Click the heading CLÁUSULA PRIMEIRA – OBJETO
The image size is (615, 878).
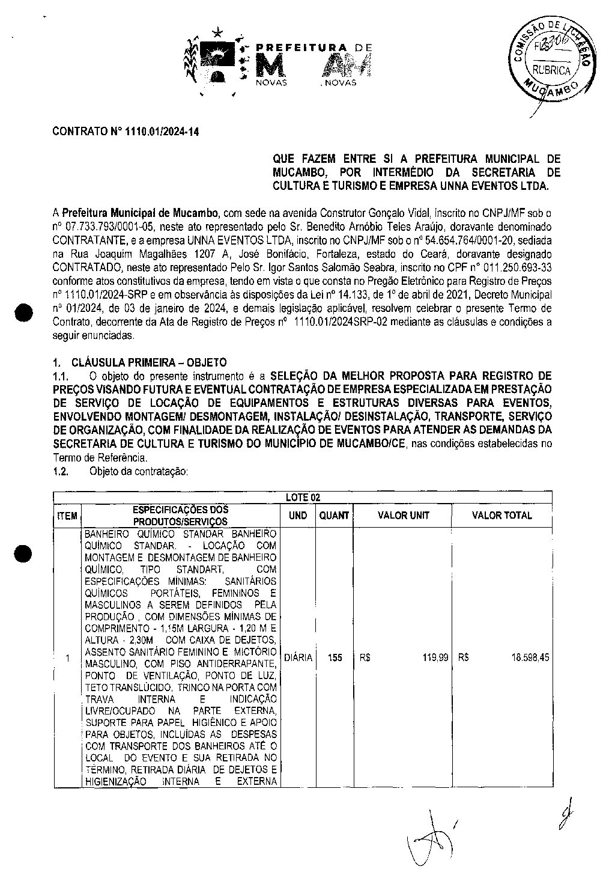(148, 362)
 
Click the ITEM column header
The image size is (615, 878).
(67, 516)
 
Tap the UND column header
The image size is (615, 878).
(298, 515)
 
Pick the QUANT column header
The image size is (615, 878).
(334, 515)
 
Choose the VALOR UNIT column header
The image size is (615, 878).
(403, 515)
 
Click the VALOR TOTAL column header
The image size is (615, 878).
(501, 515)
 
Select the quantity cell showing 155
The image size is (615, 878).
(335, 657)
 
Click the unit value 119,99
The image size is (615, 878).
(435, 657)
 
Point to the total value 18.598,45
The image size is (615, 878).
(530, 657)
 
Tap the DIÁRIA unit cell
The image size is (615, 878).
(298, 657)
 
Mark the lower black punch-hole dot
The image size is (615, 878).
(25, 553)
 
